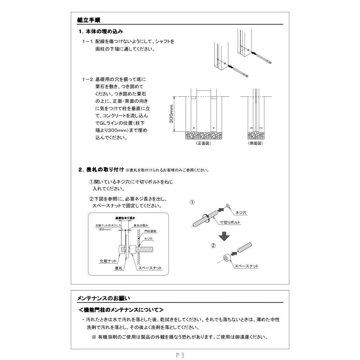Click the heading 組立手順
[91, 20]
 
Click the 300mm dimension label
[172, 114]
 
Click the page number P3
[180, 354]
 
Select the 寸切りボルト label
[230, 222]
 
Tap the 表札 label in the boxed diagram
[118, 268]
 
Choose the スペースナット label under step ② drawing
[246, 266]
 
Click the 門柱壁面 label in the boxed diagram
[150, 231]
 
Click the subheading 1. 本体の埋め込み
[100, 31]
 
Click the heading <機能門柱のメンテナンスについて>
[121, 310]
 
